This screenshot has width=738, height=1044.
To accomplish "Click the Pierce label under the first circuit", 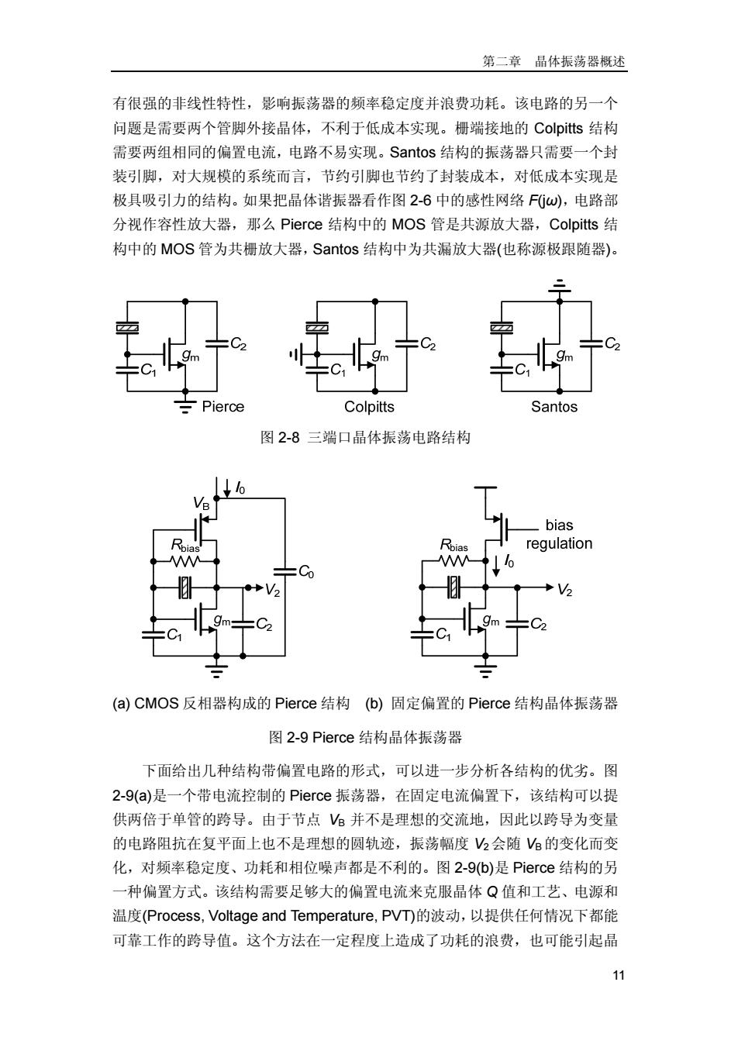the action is (x=222, y=406).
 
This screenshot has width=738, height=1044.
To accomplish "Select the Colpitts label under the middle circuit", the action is (x=369, y=407).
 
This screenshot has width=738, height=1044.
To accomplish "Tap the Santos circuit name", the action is (x=553, y=406).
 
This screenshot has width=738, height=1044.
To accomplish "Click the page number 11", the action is (x=618, y=975).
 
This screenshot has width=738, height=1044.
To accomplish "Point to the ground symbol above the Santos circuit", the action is (x=560, y=286).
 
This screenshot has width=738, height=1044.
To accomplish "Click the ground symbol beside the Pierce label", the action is (x=185, y=406).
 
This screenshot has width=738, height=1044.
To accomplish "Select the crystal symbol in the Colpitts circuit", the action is (x=317, y=328).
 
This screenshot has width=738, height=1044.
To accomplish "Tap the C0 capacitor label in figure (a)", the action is (x=306, y=571).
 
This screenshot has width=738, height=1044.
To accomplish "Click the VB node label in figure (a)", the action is (x=202, y=503).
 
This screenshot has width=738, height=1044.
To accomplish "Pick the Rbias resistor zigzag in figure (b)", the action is (x=453, y=561).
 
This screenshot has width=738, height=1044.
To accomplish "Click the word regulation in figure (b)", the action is (x=559, y=543).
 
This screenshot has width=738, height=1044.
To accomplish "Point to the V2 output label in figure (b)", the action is (x=564, y=590).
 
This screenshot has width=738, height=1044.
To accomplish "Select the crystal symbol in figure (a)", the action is (x=185, y=587).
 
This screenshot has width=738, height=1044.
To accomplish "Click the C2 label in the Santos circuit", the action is (x=612, y=344).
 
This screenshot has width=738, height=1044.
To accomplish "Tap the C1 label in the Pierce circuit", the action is (x=148, y=370).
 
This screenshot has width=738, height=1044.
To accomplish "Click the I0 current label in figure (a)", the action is (x=240, y=488).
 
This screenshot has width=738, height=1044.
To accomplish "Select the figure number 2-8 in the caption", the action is (x=289, y=438).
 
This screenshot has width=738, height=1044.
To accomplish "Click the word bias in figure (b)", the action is (x=559, y=525).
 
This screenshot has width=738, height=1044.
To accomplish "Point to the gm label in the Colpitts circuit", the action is (x=380, y=356).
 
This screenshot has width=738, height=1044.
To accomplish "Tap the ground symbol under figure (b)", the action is (x=485, y=670).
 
